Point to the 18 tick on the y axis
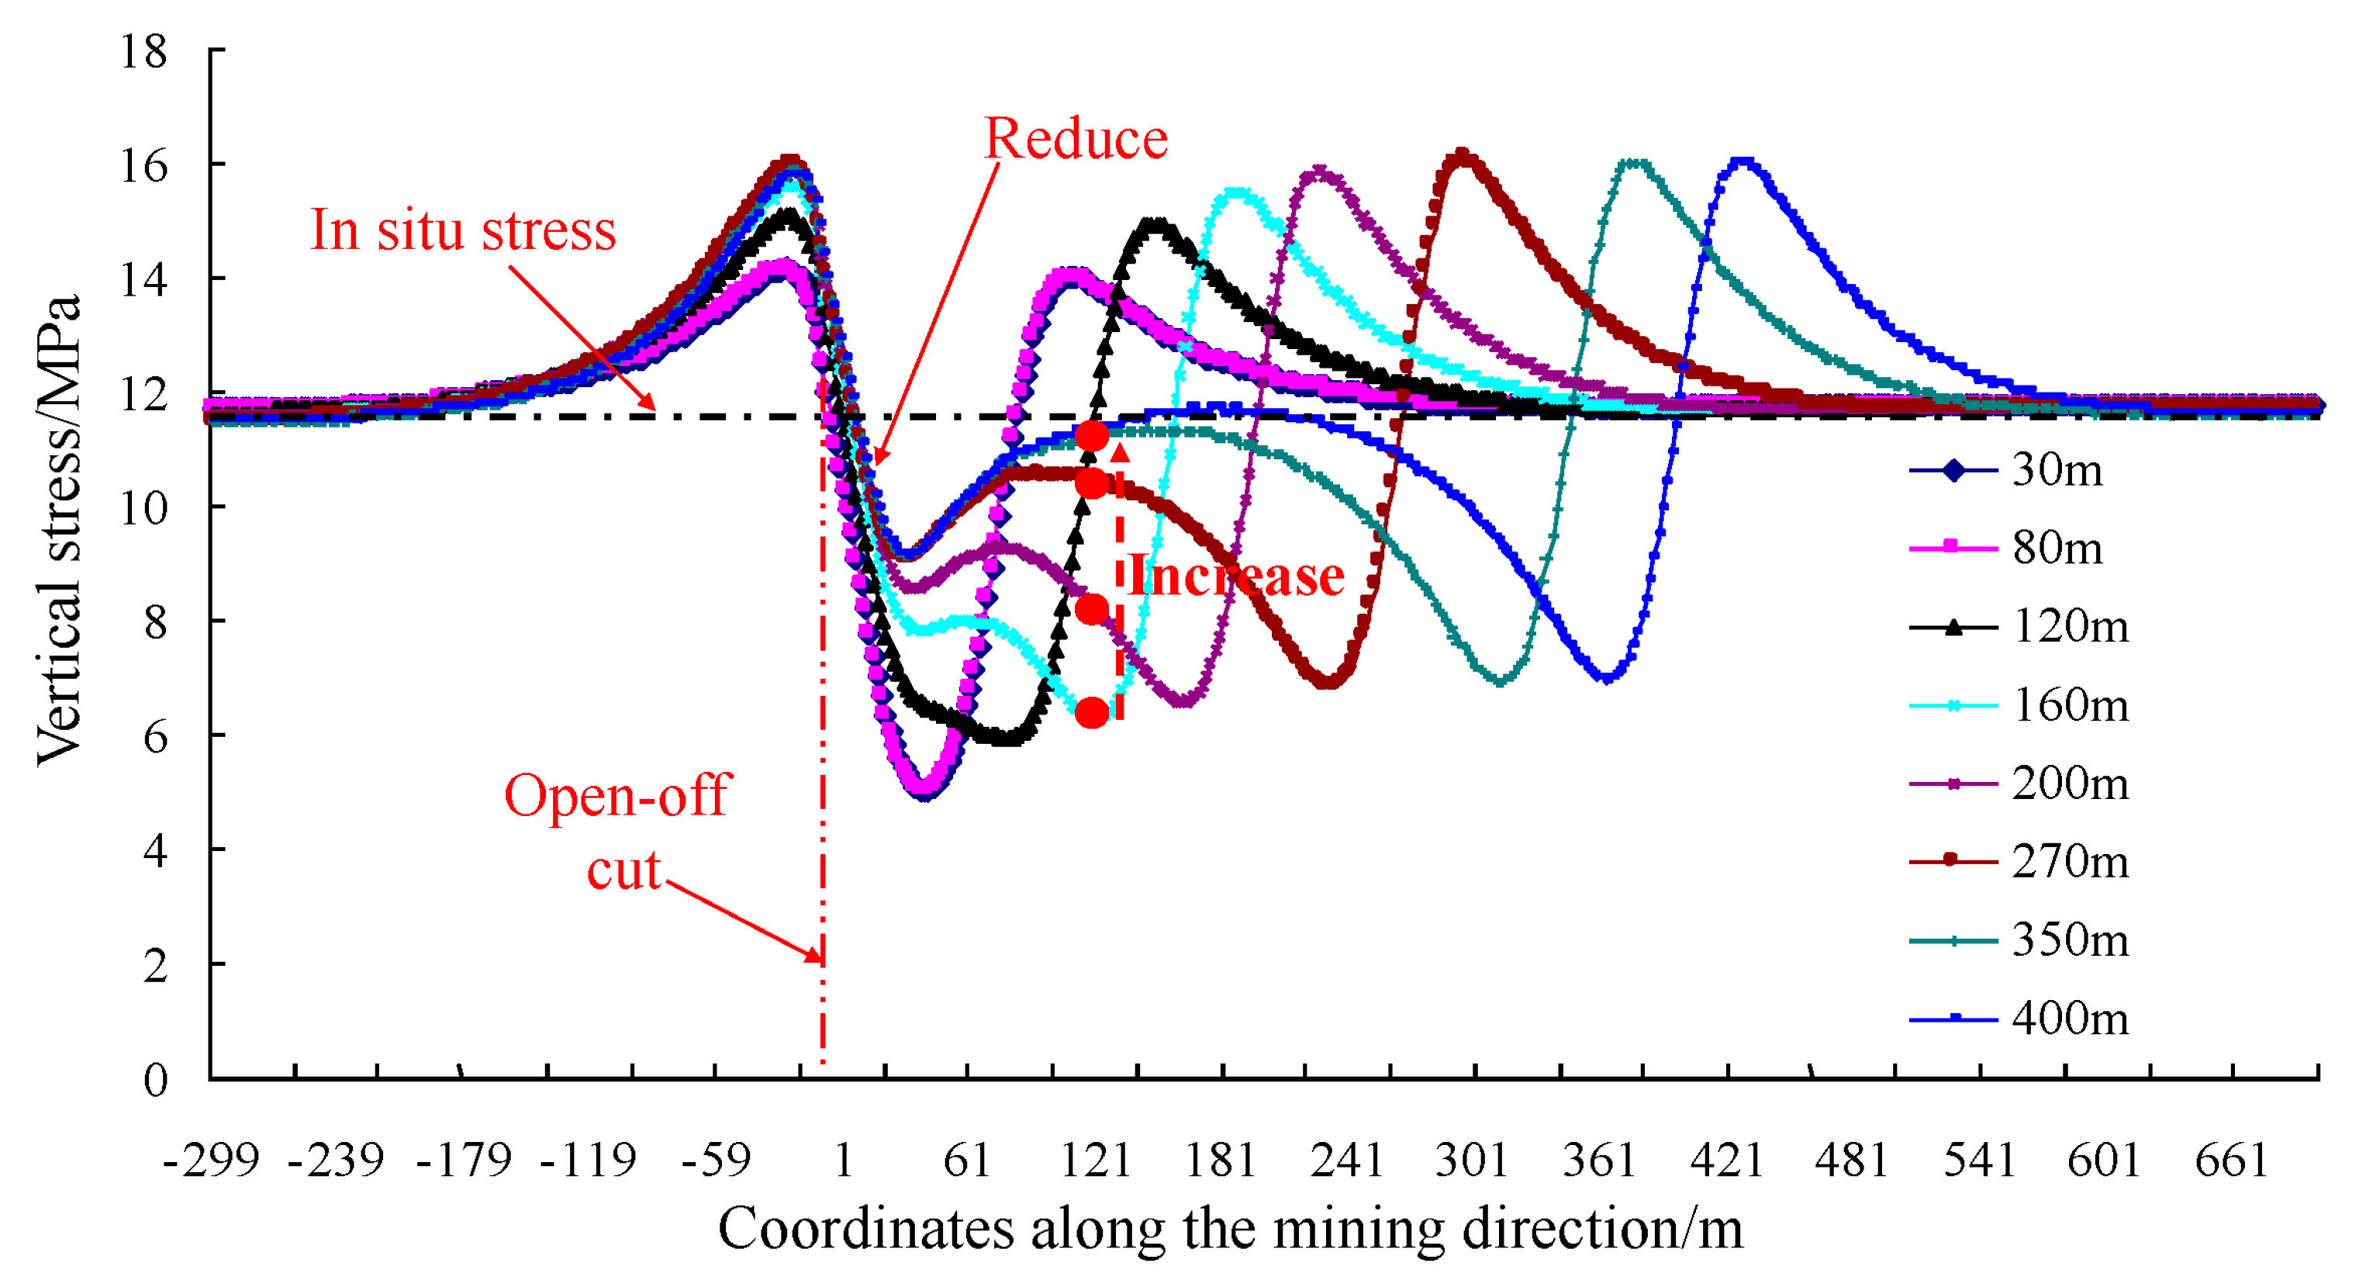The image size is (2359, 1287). tap(145, 51)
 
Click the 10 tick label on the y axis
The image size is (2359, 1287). tap(145, 507)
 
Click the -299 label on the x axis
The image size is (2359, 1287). tap(212, 1161)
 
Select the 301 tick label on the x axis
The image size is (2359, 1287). tap(1472, 1161)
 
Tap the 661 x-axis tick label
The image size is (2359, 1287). tap(2231, 1161)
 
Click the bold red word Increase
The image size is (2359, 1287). tap(1236, 577)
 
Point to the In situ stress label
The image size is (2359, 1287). tap(464, 230)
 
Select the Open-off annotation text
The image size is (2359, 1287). tap(617, 795)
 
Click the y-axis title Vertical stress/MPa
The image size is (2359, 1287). tap(59, 529)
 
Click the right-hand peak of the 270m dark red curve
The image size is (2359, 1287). tap(1463, 156)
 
